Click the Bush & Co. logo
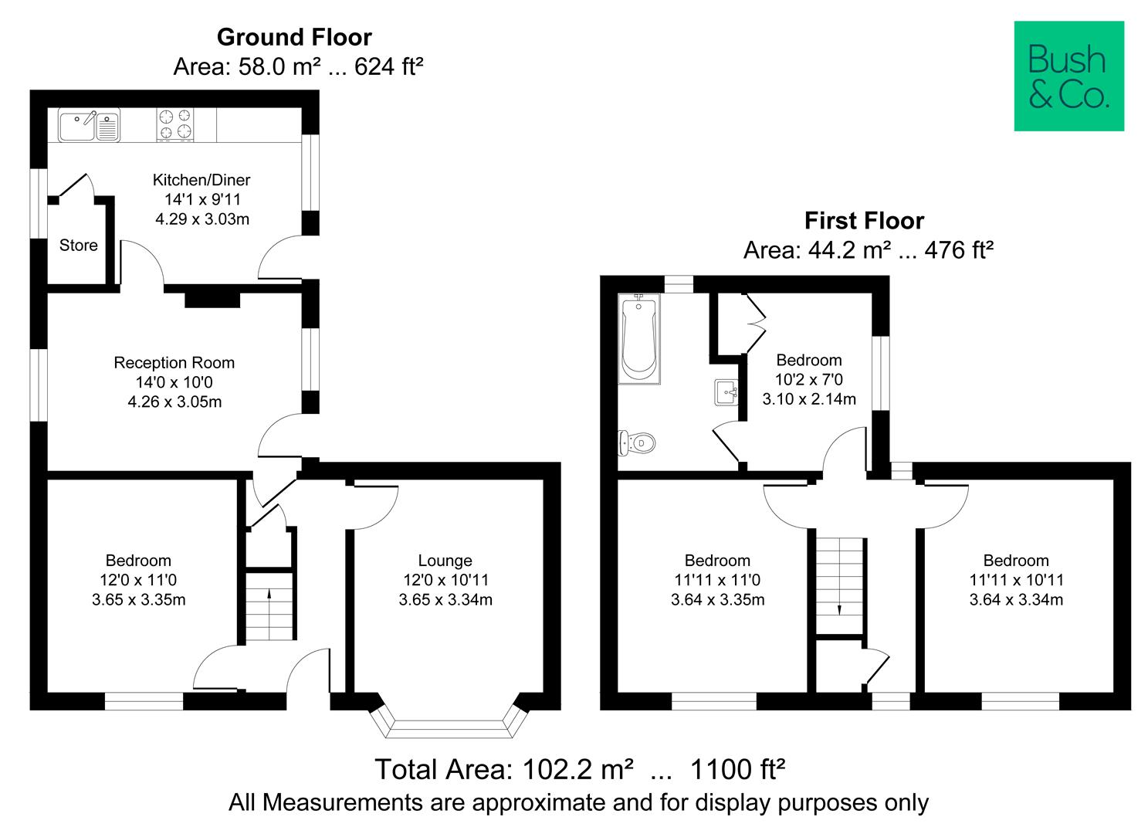coord(1068,76)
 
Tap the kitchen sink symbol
coord(89,125)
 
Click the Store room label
coord(79,246)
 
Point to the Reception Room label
coord(174,363)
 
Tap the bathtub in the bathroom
coord(638,339)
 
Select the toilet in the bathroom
coord(638,443)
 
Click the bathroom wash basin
coord(726,392)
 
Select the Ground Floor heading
coord(294,37)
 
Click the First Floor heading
coord(864,221)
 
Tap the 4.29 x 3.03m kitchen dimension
coord(202,219)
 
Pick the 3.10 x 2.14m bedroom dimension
coord(809,399)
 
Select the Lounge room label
coord(445,561)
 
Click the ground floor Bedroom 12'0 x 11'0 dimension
coord(138,580)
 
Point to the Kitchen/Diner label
coord(201,180)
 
